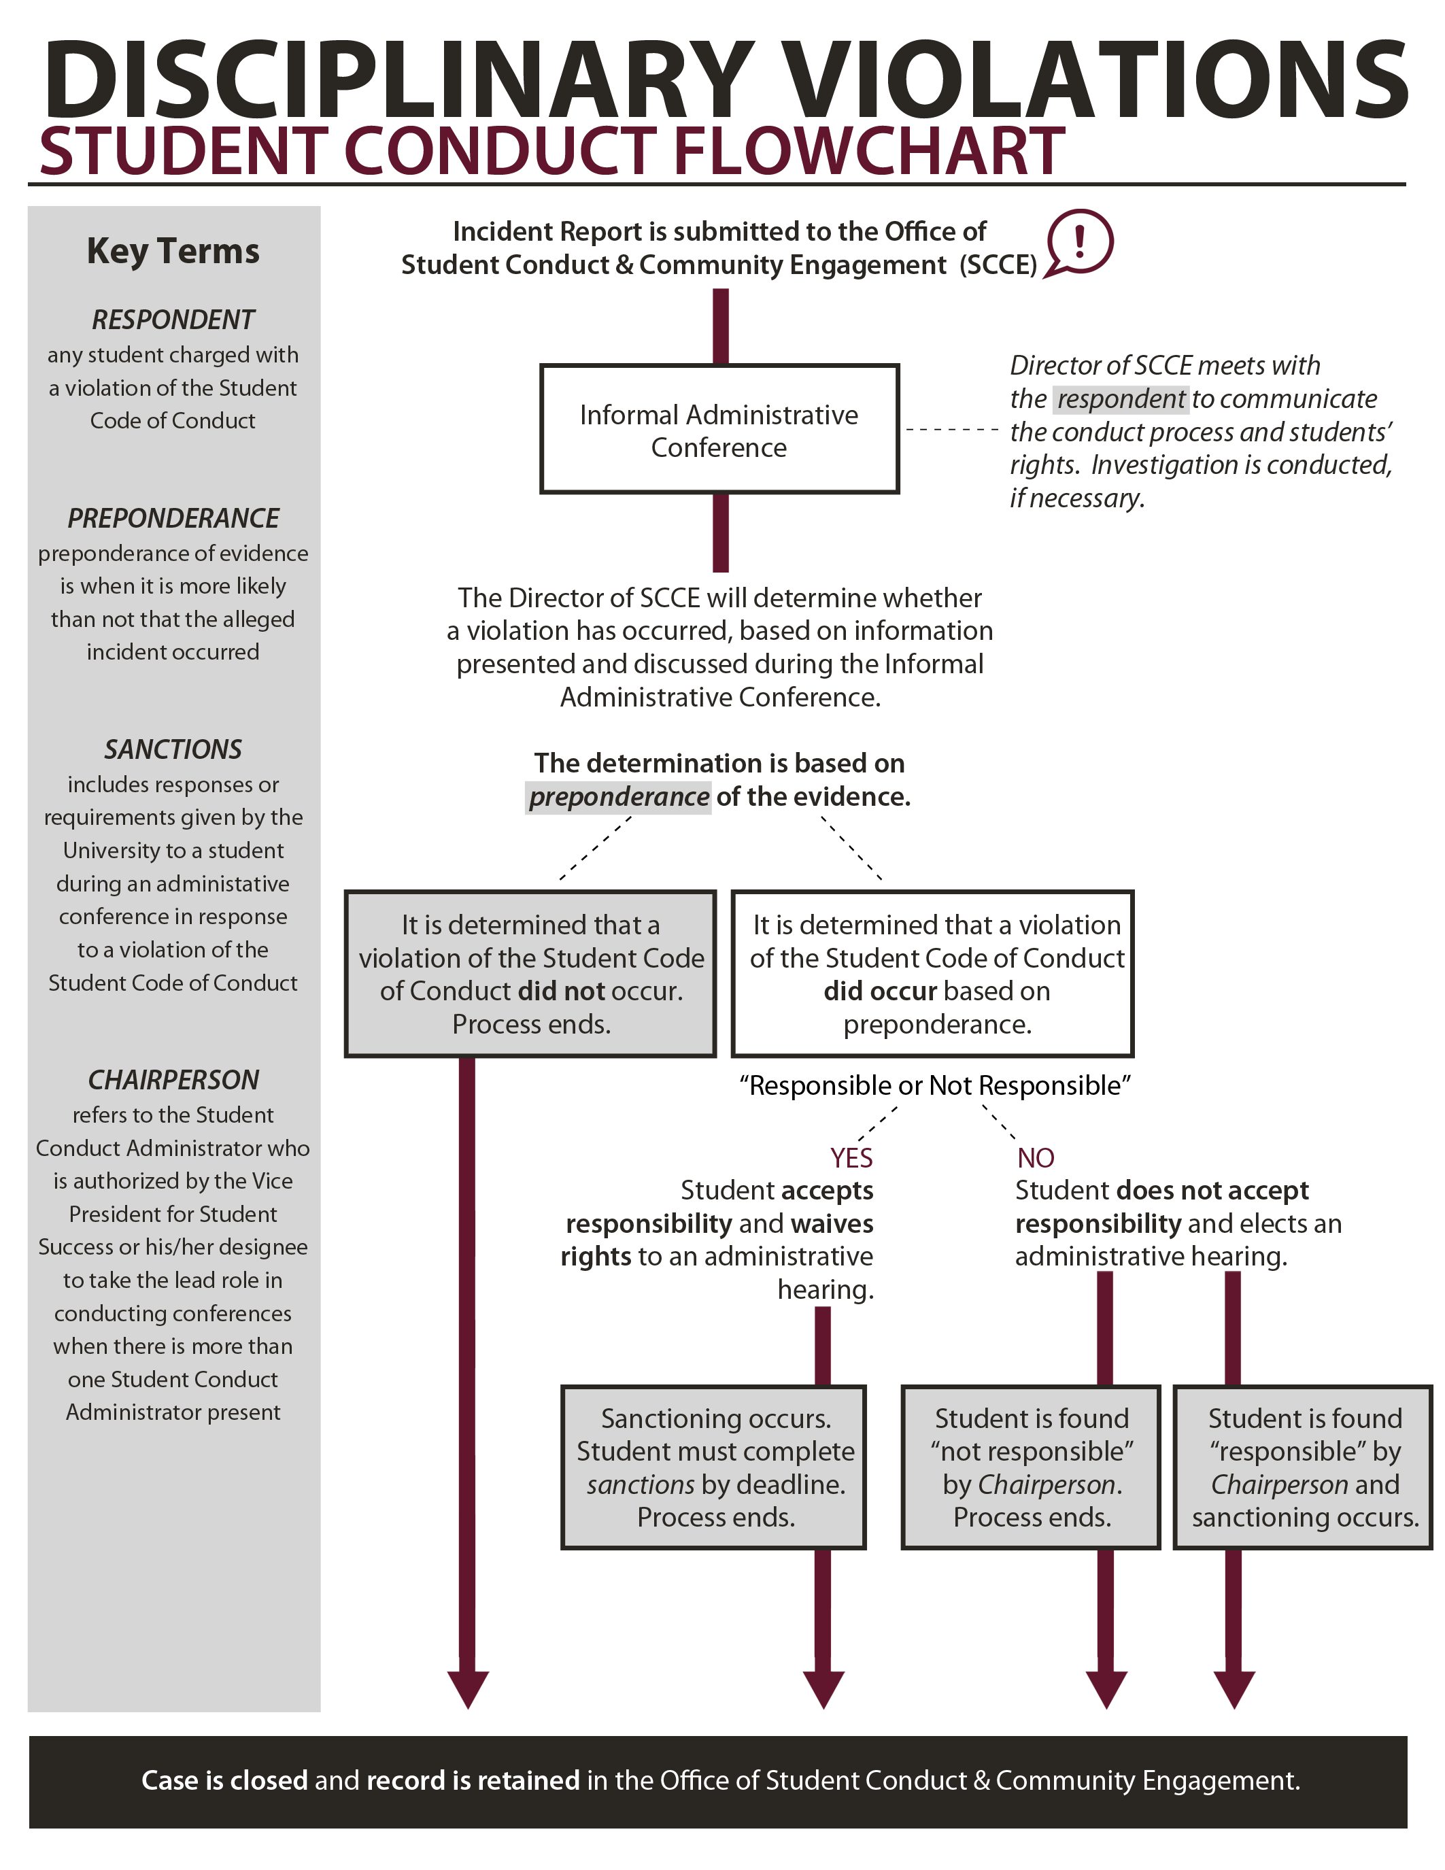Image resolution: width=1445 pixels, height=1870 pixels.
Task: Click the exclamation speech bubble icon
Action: pyautogui.click(x=1079, y=243)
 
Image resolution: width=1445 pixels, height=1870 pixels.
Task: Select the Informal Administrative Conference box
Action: pyautogui.click(x=718, y=430)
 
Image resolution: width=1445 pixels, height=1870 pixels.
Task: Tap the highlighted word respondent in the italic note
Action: pyautogui.click(x=1121, y=399)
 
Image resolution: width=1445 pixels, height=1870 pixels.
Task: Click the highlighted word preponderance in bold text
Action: pyautogui.click(x=618, y=797)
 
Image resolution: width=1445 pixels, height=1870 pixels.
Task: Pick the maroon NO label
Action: pyautogui.click(x=1035, y=1157)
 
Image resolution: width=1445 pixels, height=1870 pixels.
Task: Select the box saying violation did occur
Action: pyautogui.click(x=932, y=974)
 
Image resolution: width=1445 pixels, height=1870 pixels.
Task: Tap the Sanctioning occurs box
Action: pyautogui.click(x=714, y=1467)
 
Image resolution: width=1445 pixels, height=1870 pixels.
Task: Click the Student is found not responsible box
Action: pyautogui.click(x=1031, y=1467)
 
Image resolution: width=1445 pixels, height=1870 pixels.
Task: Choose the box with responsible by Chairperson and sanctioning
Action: pyautogui.click(x=1302, y=1467)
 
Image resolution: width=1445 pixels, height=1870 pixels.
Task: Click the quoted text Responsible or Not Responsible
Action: pyautogui.click(x=935, y=1086)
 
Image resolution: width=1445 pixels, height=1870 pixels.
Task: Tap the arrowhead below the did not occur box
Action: pyautogui.click(x=467, y=1688)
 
